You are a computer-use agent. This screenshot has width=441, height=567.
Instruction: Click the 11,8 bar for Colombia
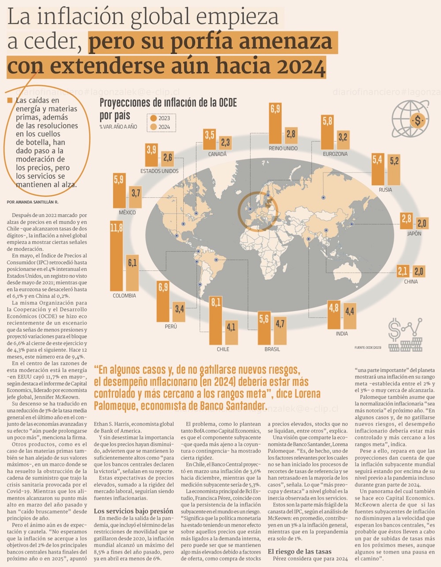[116, 254]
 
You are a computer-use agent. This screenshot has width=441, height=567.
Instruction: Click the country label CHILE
[223, 349]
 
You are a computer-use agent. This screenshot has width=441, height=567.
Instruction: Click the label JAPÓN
[414, 234]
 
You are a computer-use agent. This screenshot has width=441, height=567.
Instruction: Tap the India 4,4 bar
[350, 316]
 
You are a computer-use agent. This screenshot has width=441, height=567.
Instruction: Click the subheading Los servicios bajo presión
[134, 511]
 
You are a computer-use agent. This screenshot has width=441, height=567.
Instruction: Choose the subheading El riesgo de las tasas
[299, 551]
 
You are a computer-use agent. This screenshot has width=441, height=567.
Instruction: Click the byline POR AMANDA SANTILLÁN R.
[33, 202]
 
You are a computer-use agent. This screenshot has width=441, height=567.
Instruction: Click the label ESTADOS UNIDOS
[159, 171]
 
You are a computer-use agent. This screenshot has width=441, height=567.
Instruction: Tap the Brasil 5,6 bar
[264, 327]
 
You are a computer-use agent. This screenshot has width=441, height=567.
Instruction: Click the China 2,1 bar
[402, 271]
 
